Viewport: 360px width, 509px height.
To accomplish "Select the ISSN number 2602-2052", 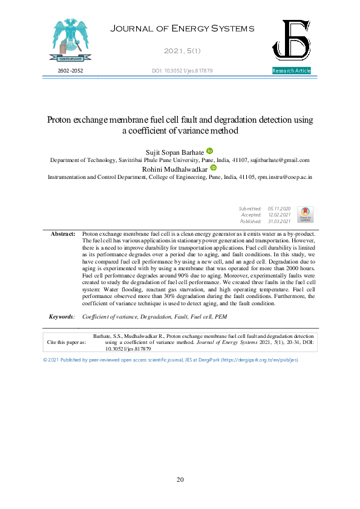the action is click(70, 71).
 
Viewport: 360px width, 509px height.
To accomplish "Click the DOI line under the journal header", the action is click(182, 71).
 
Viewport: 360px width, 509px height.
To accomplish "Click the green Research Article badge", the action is click(292, 71).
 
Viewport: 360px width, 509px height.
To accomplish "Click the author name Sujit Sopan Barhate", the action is click(174, 151).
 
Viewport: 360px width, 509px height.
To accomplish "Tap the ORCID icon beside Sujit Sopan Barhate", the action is click(210, 151).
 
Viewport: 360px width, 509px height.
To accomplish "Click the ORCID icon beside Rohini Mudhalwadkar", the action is click(213, 168).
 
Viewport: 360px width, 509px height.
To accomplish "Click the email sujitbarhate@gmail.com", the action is click(280, 160).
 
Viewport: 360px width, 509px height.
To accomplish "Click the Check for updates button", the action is click(305, 214).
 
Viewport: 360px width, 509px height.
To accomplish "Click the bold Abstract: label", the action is click(63, 233).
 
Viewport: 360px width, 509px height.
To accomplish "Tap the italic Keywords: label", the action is click(62, 316).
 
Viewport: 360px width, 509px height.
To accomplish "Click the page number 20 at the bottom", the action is click(180, 479).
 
